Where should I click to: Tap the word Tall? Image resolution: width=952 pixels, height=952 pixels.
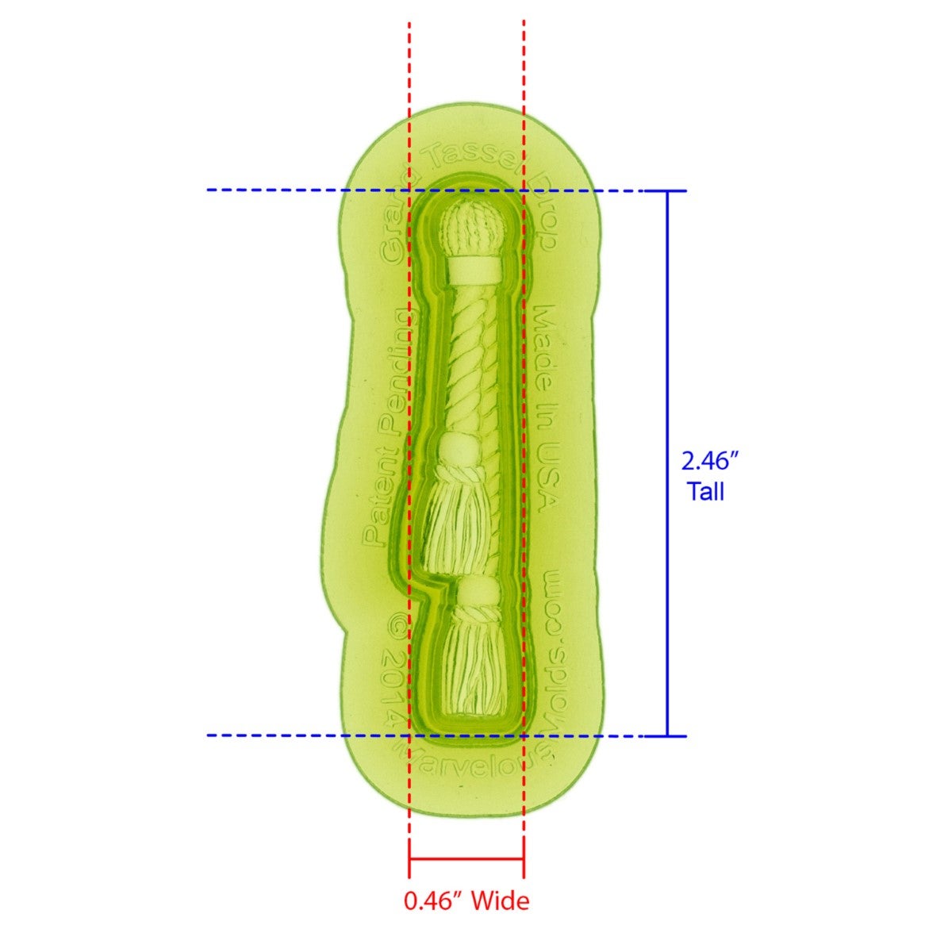[705, 492]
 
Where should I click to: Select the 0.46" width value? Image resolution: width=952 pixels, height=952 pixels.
[434, 901]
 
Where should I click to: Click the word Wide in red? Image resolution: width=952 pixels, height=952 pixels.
[501, 901]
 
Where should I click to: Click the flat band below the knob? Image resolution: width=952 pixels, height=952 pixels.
[471, 270]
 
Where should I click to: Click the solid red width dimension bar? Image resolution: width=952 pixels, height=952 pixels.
[466, 858]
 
